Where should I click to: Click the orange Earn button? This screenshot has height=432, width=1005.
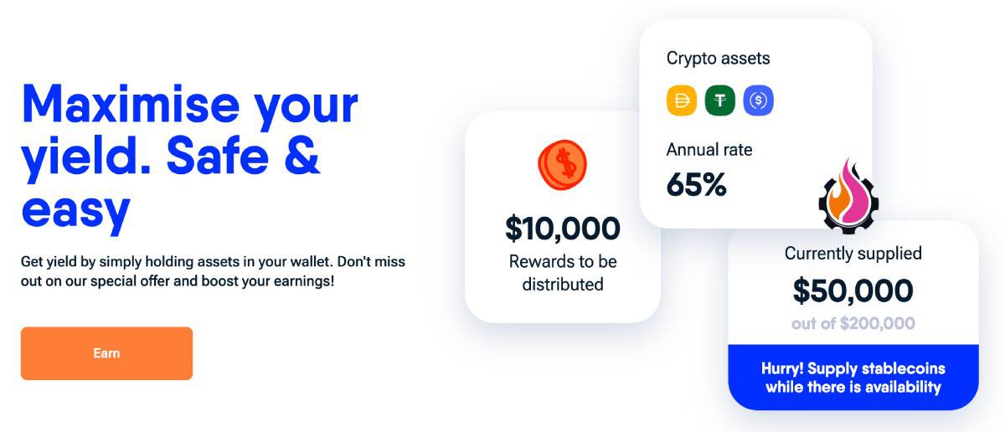point(106,353)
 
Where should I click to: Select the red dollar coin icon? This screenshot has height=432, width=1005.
point(562,164)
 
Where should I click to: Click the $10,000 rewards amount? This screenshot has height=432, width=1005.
point(562,228)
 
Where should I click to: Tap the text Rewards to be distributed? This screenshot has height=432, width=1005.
point(562,273)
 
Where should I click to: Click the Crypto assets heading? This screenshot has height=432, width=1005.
point(718,59)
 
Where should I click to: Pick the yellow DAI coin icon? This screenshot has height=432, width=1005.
point(682,100)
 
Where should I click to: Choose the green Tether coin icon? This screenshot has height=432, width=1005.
point(720,100)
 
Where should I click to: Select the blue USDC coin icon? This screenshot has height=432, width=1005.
point(759,100)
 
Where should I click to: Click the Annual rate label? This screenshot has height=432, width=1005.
point(709,150)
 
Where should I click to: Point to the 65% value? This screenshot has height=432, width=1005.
point(696,184)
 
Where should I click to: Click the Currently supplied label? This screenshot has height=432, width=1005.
point(853,253)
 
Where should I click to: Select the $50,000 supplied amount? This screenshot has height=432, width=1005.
point(853,290)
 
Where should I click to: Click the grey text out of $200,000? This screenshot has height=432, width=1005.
point(853,323)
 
